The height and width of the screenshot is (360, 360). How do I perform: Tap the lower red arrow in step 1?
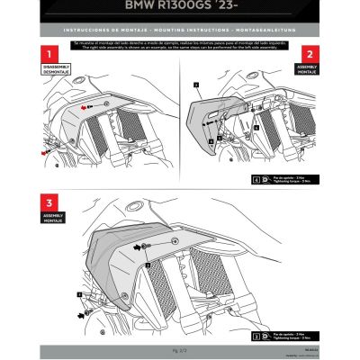pyautogui.click(x=43, y=154)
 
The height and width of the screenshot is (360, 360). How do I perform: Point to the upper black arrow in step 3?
pyautogui.click(x=137, y=245)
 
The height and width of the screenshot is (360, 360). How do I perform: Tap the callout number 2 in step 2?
pyautogui.click(x=194, y=84)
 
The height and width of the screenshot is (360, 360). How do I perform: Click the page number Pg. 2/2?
pyautogui.click(x=180, y=348)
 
